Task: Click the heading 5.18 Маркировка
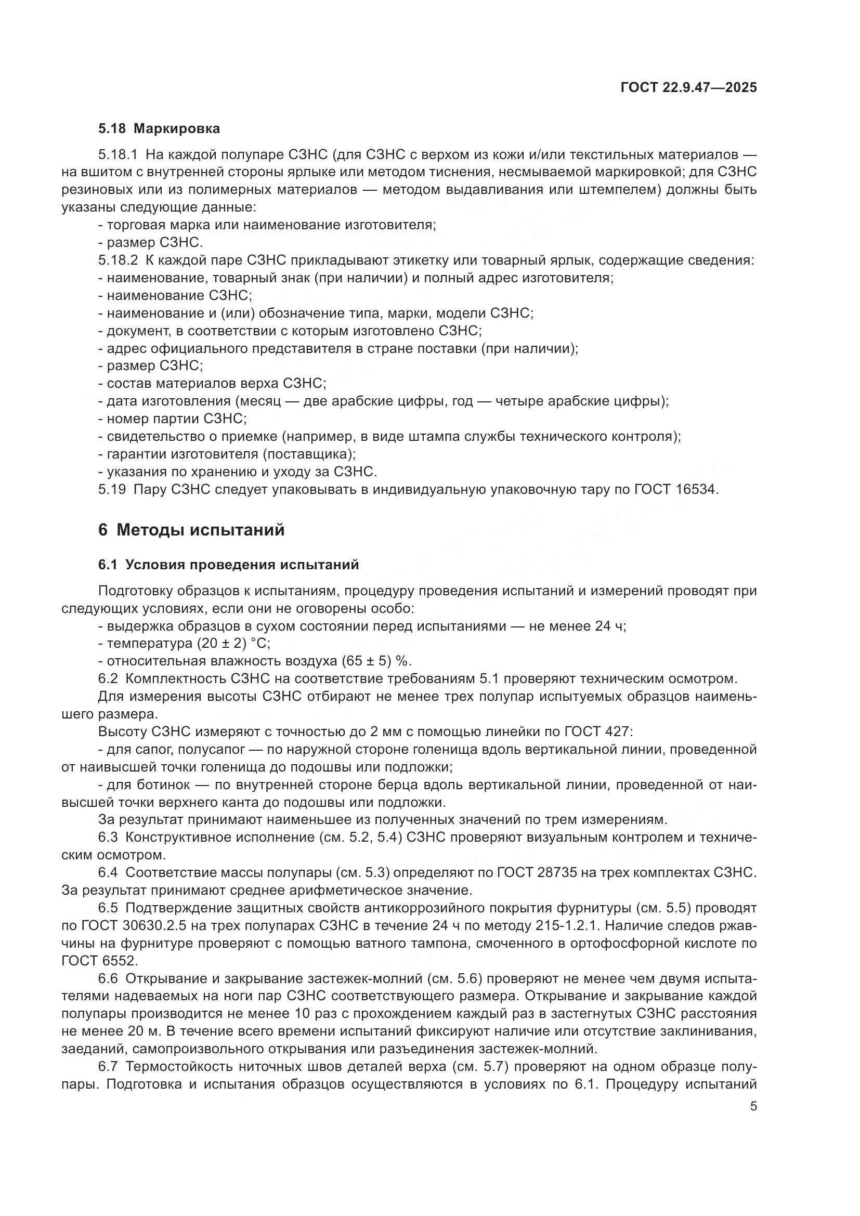pyautogui.click(x=159, y=129)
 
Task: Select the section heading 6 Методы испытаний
pyautogui.click(x=191, y=530)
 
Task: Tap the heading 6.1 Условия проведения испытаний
pyautogui.click(x=228, y=565)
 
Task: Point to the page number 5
pyautogui.click(x=753, y=1106)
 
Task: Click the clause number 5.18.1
pyautogui.click(x=118, y=154)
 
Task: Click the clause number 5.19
pyautogui.click(x=112, y=489)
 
